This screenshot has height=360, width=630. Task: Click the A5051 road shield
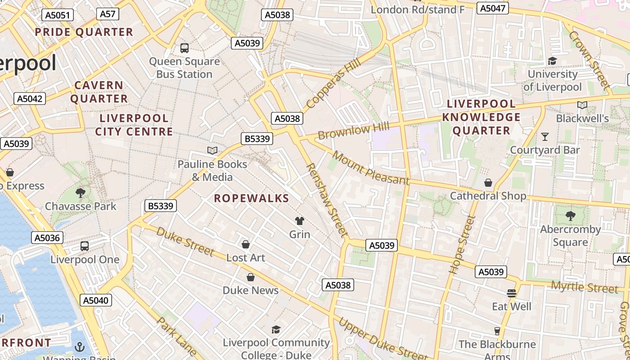click(58, 15)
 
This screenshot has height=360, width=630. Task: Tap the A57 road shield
click(108, 14)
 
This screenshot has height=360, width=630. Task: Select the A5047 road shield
click(493, 8)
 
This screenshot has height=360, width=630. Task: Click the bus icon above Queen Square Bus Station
click(184, 48)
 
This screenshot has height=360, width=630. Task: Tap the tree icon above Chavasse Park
click(81, 193)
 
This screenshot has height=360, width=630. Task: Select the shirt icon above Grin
click(300, 220)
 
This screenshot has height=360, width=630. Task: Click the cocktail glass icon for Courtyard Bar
click(545, 136)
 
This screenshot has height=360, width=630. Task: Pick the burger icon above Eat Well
click(511, 293)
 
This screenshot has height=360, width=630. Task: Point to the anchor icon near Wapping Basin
click(80, 346)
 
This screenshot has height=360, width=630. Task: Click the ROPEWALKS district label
click(251, 198)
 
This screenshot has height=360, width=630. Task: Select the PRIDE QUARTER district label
click(84, 32)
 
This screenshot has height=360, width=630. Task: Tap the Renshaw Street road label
click(327, 200)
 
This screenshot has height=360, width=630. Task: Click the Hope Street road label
click(462, 244)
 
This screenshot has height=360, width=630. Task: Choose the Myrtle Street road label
click(584, 287)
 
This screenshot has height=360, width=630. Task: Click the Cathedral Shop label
click(488, 196)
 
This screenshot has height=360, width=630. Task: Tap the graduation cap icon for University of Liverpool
click(552, 61)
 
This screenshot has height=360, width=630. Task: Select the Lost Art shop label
click(246, 258)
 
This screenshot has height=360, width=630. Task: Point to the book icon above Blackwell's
click(582, 105)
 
